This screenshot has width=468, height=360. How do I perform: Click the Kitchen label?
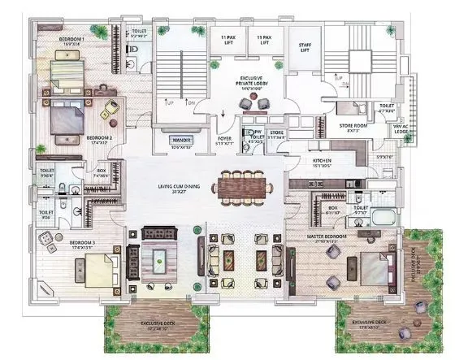click(x=323, y=163)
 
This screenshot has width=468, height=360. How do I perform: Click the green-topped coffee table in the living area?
click(x=158, y=262)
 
